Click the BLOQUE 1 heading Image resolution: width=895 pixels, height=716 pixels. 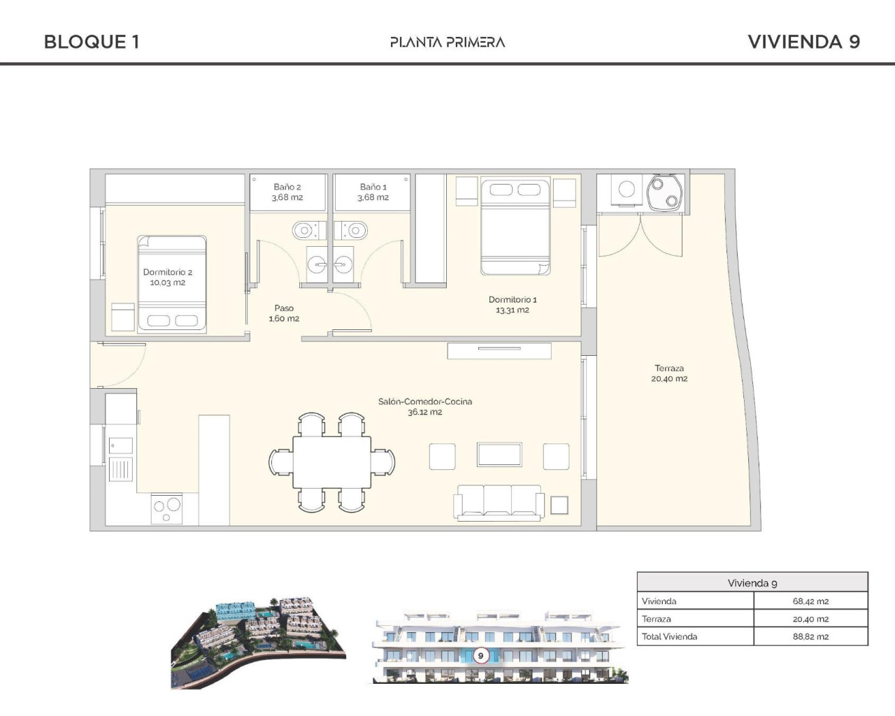(92, 42)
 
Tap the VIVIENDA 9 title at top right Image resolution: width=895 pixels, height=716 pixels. (803, 42)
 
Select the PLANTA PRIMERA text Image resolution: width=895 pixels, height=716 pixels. (447, 42)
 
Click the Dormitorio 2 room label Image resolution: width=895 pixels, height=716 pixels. (168, 272)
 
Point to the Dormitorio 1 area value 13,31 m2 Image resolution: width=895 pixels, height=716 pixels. (513, 310)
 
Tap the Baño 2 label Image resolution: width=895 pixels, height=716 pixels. (287, 187)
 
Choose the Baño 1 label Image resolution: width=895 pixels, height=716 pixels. (373, 187)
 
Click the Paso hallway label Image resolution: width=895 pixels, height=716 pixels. (284, 308)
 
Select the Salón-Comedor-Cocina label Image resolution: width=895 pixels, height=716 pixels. (425, 401)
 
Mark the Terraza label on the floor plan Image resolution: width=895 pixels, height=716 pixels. (669, 368)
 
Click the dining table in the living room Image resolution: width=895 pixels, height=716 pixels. (332, 462)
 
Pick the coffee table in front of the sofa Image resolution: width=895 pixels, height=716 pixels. (499, 454)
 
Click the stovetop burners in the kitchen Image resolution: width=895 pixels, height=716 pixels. (166, 508)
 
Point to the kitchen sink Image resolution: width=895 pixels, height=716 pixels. (120, 445)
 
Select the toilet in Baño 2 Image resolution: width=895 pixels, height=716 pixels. (305, 230)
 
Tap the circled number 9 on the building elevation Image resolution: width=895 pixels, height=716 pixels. (480, 656)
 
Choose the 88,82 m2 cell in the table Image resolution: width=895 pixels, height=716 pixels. (810, 637)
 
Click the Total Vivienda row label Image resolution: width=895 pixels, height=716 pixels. (669, 637)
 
